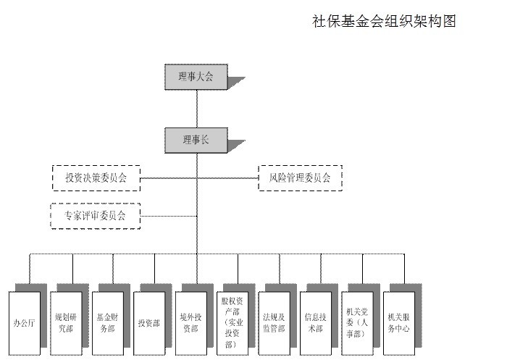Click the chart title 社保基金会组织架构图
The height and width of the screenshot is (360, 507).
384,21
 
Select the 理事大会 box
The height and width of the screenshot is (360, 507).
196,77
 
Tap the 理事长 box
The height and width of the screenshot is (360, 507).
196,140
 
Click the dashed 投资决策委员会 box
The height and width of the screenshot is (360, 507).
96,177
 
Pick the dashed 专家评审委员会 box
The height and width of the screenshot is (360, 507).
96,215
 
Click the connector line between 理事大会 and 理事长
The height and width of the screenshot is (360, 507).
197,109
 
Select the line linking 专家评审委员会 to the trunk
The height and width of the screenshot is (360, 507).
168,215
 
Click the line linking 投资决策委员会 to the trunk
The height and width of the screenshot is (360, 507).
168,177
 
